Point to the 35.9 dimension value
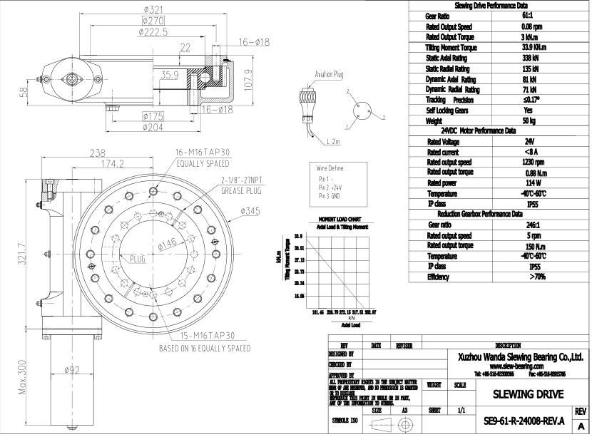click(169, 73)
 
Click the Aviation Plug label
click(330, 73)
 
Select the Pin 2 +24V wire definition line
click(330, 186)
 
